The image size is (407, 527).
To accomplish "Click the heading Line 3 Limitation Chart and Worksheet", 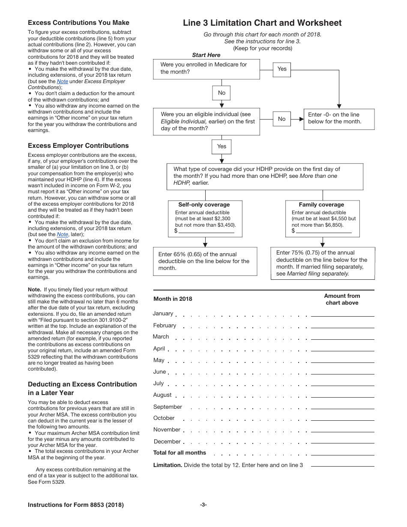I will [262, 23].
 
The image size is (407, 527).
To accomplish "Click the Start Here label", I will [206, 55].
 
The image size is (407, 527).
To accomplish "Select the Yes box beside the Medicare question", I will [282, 69].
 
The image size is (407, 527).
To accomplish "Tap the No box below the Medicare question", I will [221, 93].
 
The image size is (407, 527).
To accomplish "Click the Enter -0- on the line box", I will [339, 118].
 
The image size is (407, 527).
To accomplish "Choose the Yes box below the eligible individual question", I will [221, 146].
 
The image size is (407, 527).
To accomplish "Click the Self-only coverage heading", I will [204, 205].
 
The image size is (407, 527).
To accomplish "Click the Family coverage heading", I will [321, 205].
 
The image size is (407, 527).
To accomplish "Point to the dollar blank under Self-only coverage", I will [206, 231].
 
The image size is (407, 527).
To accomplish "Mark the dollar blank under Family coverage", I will [323, 231].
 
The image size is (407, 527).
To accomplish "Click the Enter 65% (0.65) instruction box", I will [205, 261].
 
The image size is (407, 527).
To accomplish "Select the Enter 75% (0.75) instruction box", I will [323, 263].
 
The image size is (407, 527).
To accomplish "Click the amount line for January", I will [342, 314].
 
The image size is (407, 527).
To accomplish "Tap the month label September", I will [168, 407].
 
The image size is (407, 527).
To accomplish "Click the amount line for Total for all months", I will [342, 453].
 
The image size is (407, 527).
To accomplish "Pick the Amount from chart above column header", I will [342, 299].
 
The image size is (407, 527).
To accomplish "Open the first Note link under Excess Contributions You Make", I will [63, 81].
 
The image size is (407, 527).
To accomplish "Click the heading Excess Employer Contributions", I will [78, 146].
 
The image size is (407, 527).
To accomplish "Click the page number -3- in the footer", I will [203, 505].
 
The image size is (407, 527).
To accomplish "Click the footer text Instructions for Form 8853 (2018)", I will [76, 505].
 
